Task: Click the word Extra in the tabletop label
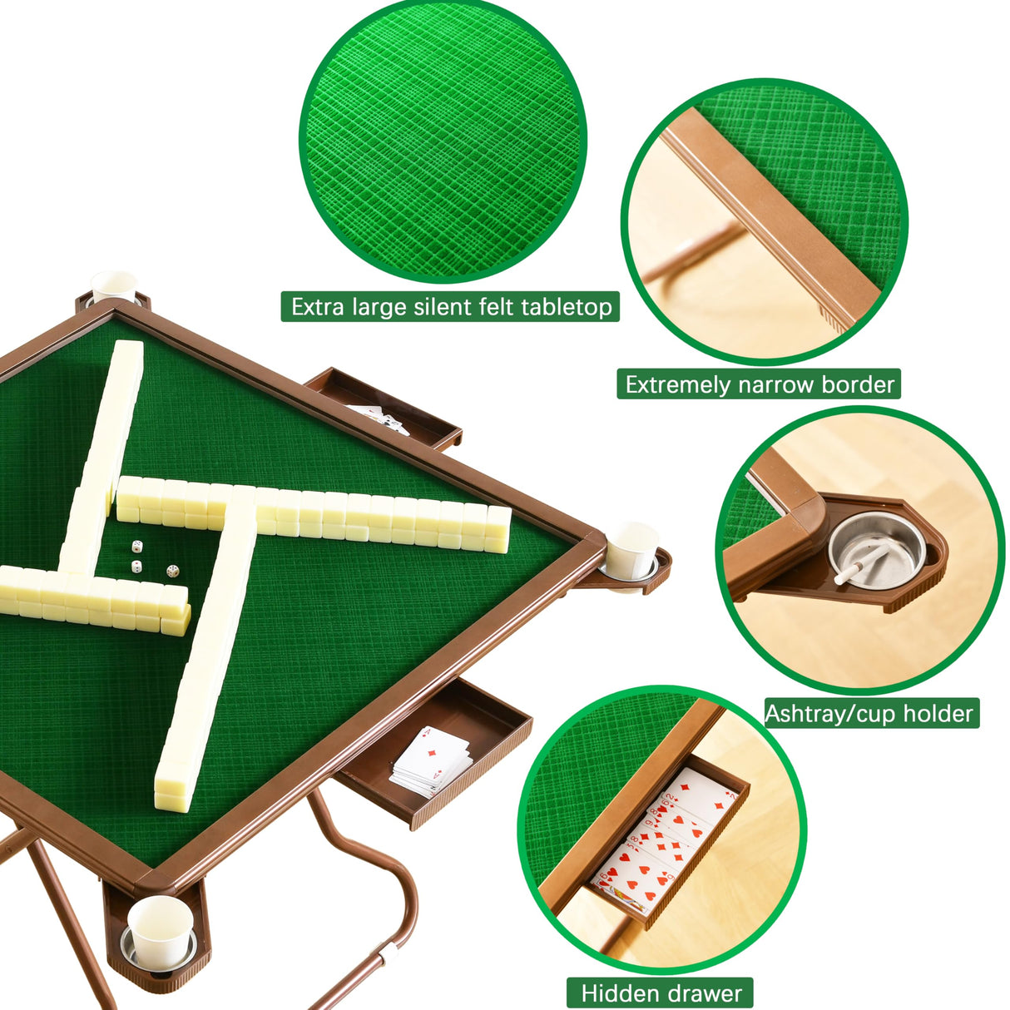pos(317,307)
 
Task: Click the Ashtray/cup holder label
pos(869,714)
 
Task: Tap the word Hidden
pos(621,993)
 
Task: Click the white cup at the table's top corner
pos(114,287)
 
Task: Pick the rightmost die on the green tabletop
pos(172,572)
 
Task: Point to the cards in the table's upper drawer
pos(379,417)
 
